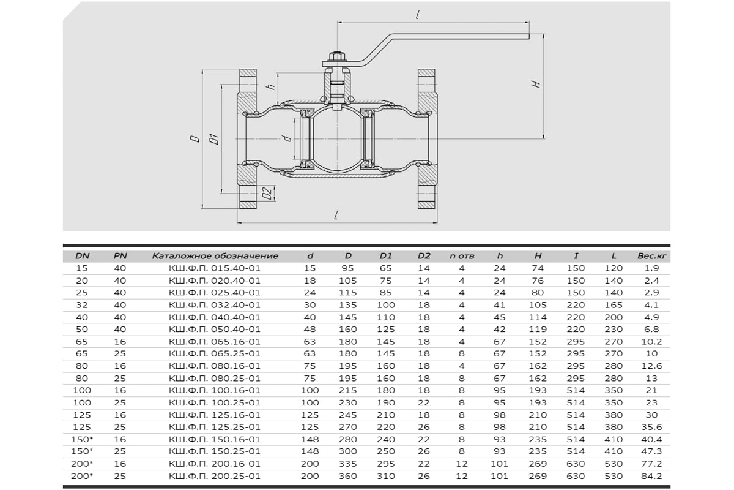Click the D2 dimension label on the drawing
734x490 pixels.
pos(267,193)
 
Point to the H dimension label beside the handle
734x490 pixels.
pos(536,84)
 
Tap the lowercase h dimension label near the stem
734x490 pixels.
pos(271,86)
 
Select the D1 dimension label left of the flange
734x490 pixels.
pos(214,139)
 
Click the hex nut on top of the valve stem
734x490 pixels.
pos(337,56)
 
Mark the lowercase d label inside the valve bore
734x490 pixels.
pos(287,138)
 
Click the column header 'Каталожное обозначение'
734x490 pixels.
pos(215,256)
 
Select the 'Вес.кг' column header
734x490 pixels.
pos(652,256)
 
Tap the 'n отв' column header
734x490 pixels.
pos(462,256)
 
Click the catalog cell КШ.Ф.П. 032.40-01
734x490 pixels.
pos(215,305)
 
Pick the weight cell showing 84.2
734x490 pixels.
pos(652,476)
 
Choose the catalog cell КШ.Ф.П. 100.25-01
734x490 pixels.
pos(215,402)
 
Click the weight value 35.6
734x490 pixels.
pos(652,427)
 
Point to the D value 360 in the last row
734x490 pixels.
pos(347,476)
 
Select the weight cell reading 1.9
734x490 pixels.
pos(652,268)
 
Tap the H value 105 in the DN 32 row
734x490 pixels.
pos(538,305)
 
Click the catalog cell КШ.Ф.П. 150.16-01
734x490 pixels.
pos(215,439)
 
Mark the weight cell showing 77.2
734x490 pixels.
pos(652,464)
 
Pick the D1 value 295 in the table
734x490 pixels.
pos(386,464)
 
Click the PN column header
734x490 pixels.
pos(120,256)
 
